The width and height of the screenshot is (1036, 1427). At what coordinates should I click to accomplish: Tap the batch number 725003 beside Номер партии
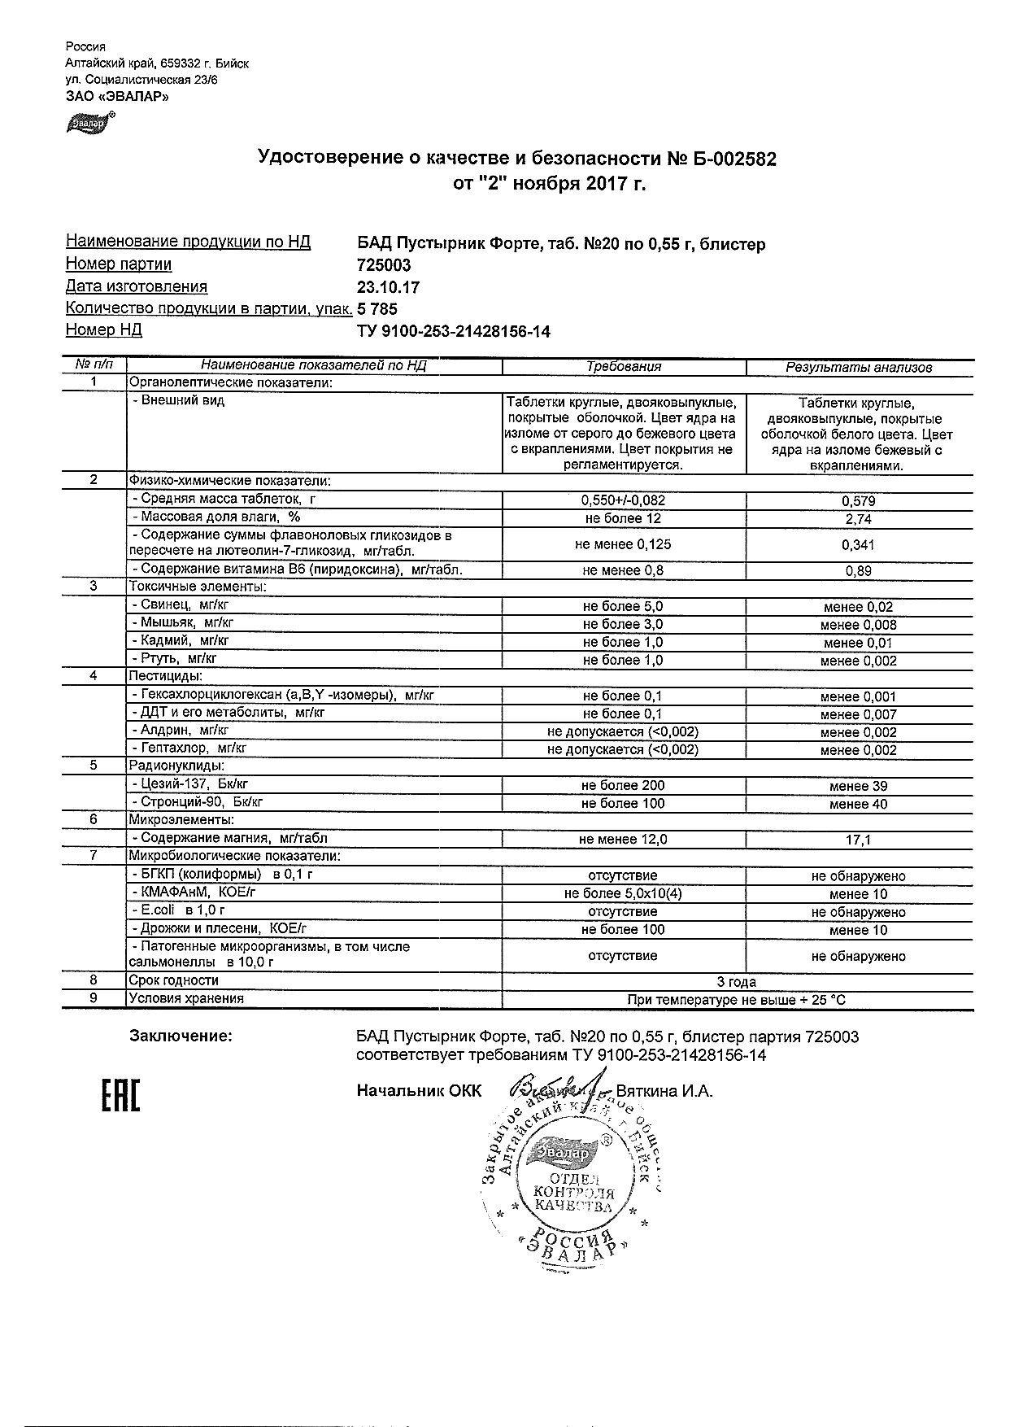pyautogui.click(x=384, y=265)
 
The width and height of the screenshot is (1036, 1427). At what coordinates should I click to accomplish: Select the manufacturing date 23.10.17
pyautogui.click(x=389, y=287)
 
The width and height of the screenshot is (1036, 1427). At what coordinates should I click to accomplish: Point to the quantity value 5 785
pyautogui.click(x=378, y=309)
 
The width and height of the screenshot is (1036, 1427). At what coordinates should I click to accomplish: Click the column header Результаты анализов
pyautogui.click(x=858, y=367)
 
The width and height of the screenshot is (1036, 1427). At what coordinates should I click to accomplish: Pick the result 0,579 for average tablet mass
pyautogui.click(x=858, y=501)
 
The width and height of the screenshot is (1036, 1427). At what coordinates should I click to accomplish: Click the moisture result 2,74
pyautogui.click(x=858, y=519)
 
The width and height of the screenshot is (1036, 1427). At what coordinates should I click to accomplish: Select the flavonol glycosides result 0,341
pyautogui.click(x=858, y=545)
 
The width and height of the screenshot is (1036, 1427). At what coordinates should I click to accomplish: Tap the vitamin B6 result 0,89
pyautogui.click(x=858, y=571)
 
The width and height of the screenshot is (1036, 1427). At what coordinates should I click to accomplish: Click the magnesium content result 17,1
pyautogui.click(x=858, y=840)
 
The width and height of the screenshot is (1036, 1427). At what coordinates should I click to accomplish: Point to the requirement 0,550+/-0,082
pyautogui.click(x=623, y=501)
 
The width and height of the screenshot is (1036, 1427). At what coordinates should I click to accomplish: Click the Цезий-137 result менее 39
pyautogui.click(x=858, y=786)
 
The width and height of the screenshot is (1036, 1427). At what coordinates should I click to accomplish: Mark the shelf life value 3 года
pyautogui.click(x=738, y=981)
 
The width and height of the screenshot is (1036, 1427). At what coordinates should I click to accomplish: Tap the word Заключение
pyautogui.click(x=181, y=1036)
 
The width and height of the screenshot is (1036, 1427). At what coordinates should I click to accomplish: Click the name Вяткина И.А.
pyautogui.click(x=664, y=1091)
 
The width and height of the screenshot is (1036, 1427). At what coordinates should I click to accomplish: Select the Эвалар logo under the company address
pyautogui.click(x=89, y=123)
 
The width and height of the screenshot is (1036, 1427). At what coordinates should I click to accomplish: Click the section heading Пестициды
pyautogui.click(x=165, y=677)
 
